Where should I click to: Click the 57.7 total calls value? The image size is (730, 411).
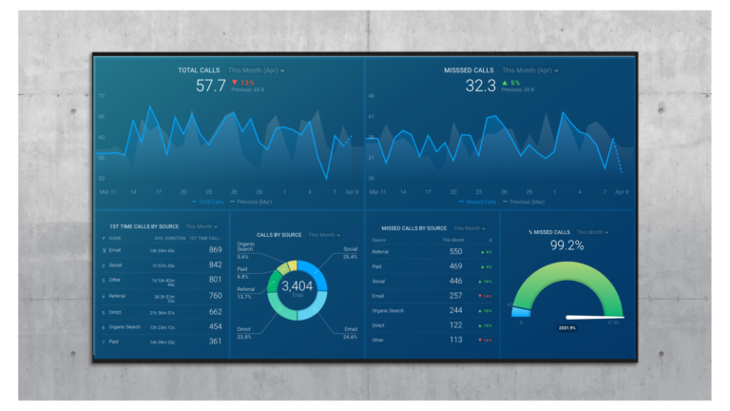pos(211,86)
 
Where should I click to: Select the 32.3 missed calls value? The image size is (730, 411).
pos(481,86)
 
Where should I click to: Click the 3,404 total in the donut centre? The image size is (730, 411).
pos(298,285)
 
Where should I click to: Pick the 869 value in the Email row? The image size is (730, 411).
pos(215,250)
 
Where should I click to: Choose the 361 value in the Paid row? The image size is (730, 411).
pos(215,341)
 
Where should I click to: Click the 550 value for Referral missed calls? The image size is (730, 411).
pos(456,251)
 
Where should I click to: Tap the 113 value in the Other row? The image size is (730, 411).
pos(456,340)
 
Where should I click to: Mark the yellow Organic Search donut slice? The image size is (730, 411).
pos(292,265)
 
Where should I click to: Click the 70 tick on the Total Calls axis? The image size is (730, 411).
pos(103,96)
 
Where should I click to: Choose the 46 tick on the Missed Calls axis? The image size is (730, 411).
pos(372,96)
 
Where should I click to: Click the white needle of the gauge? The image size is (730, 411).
pos(595,317)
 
